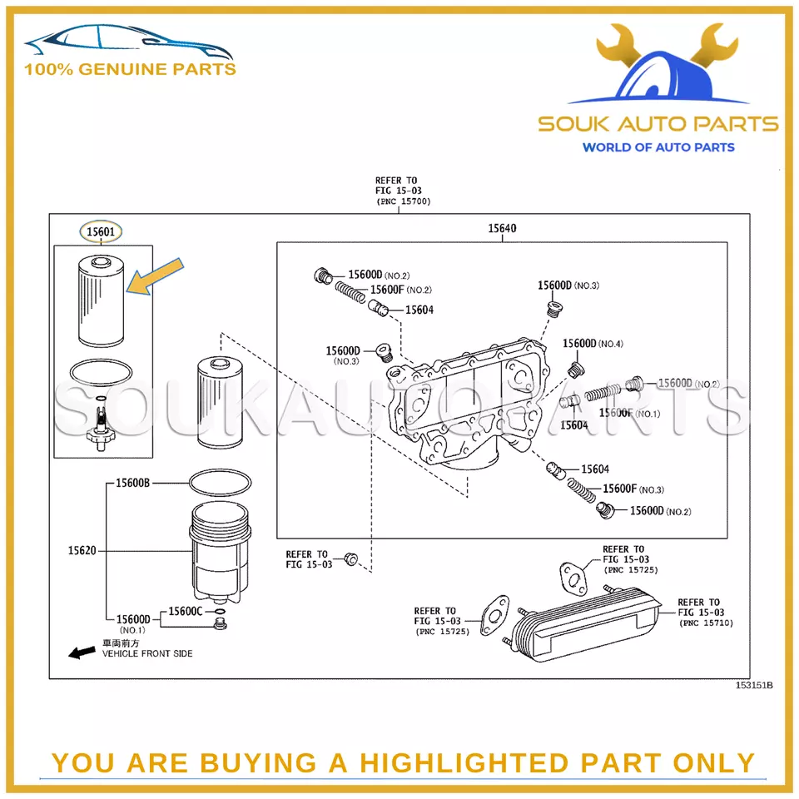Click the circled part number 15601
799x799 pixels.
point(100,230)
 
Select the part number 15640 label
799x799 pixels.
point(503,228)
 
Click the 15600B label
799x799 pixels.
point(132,483)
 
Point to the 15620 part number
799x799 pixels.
point(82,550)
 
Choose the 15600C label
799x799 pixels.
point(186,611)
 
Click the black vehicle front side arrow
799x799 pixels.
point(81,653)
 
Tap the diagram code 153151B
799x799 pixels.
point(752,685)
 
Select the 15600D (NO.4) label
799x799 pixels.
point(592,343)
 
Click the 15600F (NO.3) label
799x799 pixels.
point(633,489)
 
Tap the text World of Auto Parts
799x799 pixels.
point(658,147)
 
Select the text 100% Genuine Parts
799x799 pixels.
point(130,69)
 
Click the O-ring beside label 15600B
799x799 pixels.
point(220,482)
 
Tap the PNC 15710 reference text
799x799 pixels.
point(706,623)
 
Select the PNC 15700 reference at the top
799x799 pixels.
point(403,201)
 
